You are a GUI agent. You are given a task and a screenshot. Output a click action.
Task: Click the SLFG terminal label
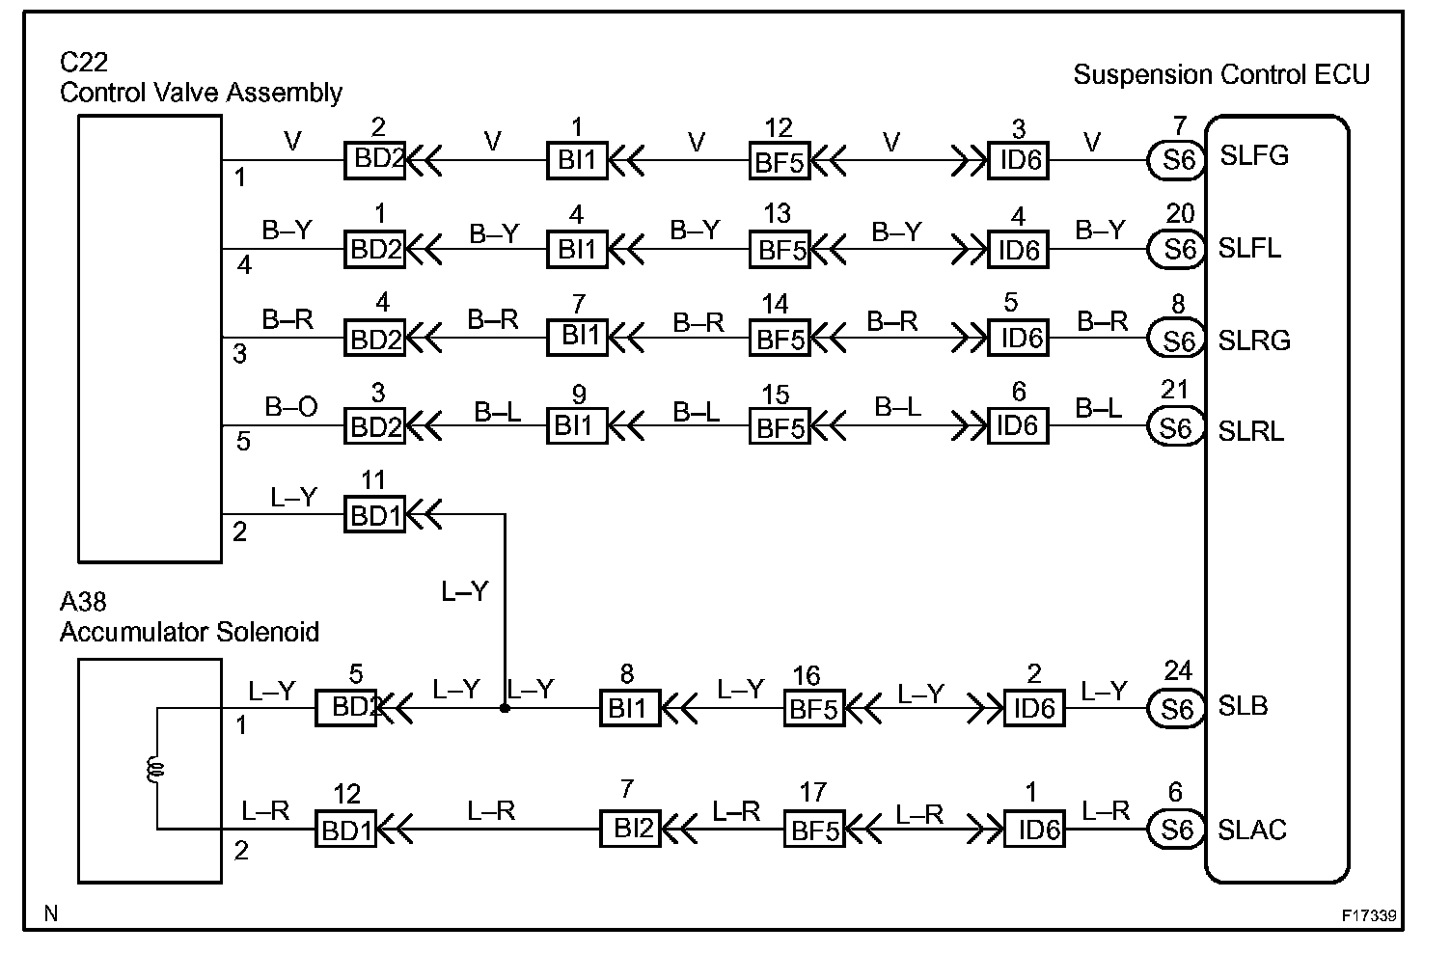click(x=1254, y=155)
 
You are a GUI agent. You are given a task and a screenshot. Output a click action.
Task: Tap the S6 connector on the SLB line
click(x=1177, y=709)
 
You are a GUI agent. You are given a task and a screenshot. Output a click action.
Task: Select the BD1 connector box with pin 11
click(x=375, y=515)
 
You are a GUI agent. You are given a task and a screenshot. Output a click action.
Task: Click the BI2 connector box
click(x=631, y=829)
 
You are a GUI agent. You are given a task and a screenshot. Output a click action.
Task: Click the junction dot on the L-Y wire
click(x=505, y=708)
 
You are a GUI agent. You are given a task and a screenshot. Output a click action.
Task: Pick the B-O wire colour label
click(x=291, y=408)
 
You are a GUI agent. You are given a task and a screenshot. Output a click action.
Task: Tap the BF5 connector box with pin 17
click(x=815, y=830)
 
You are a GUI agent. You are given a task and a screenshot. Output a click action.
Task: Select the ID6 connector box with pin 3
click(x=1019, y=160)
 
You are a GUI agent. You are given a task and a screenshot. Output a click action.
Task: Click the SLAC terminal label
click(x=1252, y=830)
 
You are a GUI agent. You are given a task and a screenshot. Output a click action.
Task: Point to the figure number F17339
click(x=1369, y=915)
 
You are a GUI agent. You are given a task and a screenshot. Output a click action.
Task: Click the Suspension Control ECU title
click(x=1221, y=75)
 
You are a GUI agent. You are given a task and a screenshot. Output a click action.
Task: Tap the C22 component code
click(x=84, y=63)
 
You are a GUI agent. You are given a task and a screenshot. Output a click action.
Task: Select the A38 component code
click(x=84, y=602)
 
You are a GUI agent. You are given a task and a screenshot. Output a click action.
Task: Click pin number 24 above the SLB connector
click(x=1178, y=670)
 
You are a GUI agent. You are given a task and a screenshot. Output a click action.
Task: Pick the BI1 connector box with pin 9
click(x=577, y=425)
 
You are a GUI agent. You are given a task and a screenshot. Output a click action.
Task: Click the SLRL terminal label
click(x=1251, y=430)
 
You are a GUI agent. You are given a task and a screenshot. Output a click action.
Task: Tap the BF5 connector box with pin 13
click(x=780, y=250)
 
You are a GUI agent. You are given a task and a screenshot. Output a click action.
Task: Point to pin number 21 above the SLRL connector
click(x=1174, y=390)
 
